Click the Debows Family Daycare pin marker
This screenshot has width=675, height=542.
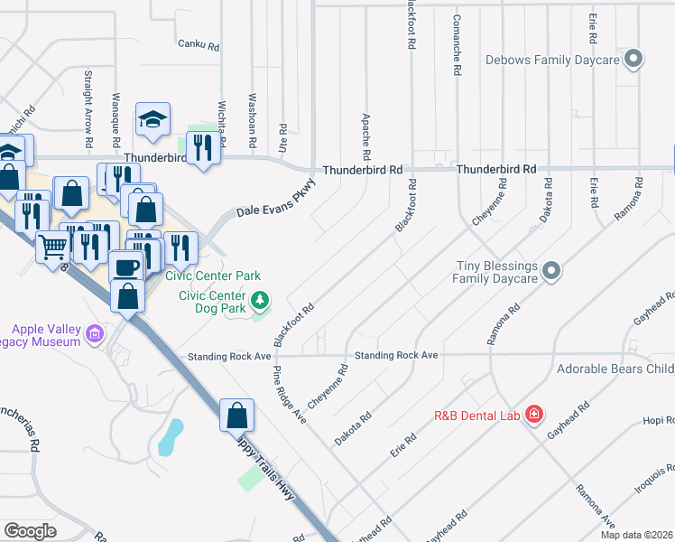633,61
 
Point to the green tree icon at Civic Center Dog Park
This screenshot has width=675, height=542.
260,299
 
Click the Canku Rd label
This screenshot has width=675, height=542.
199,43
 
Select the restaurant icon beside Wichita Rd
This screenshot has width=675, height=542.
203,148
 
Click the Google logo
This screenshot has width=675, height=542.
30,531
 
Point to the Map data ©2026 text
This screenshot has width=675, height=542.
636,534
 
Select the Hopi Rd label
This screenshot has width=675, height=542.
658,421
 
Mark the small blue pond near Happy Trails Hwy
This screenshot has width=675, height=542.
169,437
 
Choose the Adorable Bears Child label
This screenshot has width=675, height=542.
615,369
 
